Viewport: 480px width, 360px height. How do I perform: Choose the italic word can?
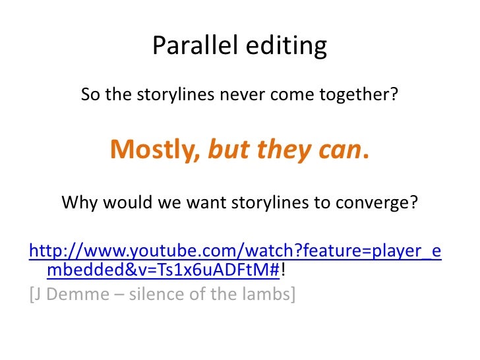coord(337,150)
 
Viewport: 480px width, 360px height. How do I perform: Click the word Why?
coord(76,202)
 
